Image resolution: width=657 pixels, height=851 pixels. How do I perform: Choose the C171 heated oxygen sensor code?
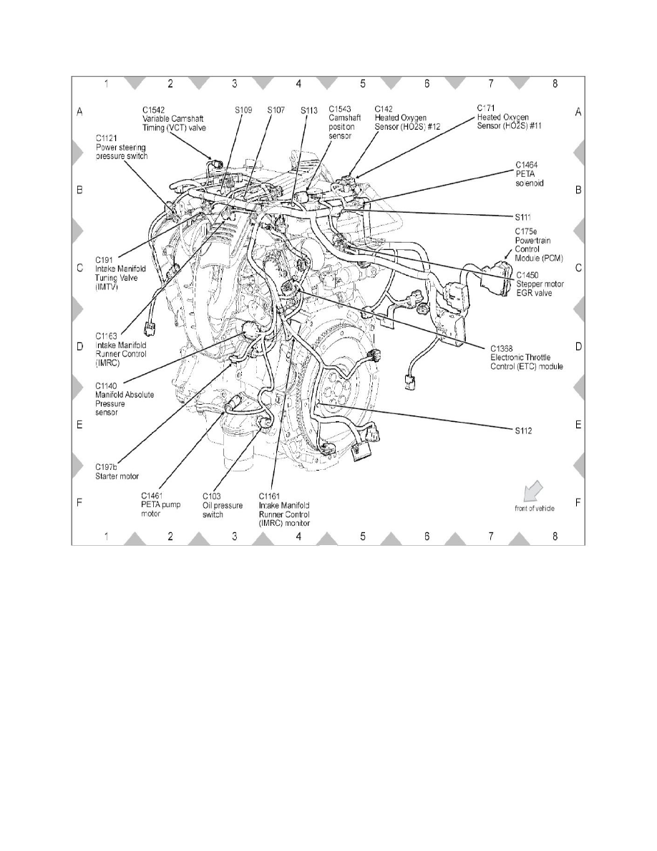click(x=486, y=108)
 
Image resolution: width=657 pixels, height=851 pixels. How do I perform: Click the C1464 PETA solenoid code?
click(x=525, y=164)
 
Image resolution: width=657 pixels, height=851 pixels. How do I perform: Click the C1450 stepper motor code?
click(x=527, y=274)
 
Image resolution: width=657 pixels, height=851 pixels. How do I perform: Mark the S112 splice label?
click(x=524, y=431)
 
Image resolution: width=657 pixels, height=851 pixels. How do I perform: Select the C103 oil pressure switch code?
click(x=212, y=495)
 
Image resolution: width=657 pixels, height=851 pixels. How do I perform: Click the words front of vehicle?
click(x=534, y=509)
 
